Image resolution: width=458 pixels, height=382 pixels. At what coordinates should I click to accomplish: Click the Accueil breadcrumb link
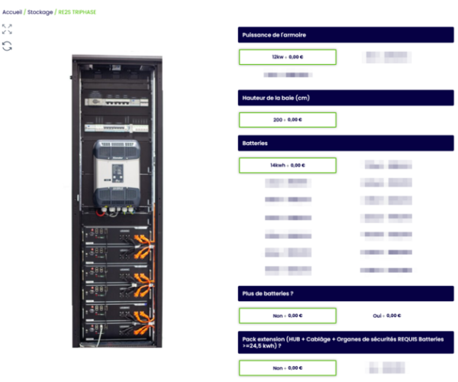(x=12, y=12)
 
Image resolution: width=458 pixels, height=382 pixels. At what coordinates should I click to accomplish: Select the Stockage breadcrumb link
(x=40, y=12)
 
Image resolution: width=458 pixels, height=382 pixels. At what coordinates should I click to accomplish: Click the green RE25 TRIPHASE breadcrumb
(x=77, y=12)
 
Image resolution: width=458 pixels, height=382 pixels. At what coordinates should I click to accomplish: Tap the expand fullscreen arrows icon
(x=7, y=29)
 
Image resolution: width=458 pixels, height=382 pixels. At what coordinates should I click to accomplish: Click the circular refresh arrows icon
(x=7, y=46)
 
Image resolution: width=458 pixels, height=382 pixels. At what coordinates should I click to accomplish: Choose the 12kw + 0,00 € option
(x=287, y=57)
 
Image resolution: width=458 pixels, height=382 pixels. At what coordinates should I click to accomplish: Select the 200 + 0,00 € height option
(x=287, y=120)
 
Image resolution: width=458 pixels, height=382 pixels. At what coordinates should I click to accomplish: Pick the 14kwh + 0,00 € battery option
(x=287, y=165)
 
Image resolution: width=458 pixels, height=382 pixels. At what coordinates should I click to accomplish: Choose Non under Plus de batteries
(x=287, y=316)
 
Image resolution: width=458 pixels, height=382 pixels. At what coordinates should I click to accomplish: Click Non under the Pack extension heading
(x=287, y=367)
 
